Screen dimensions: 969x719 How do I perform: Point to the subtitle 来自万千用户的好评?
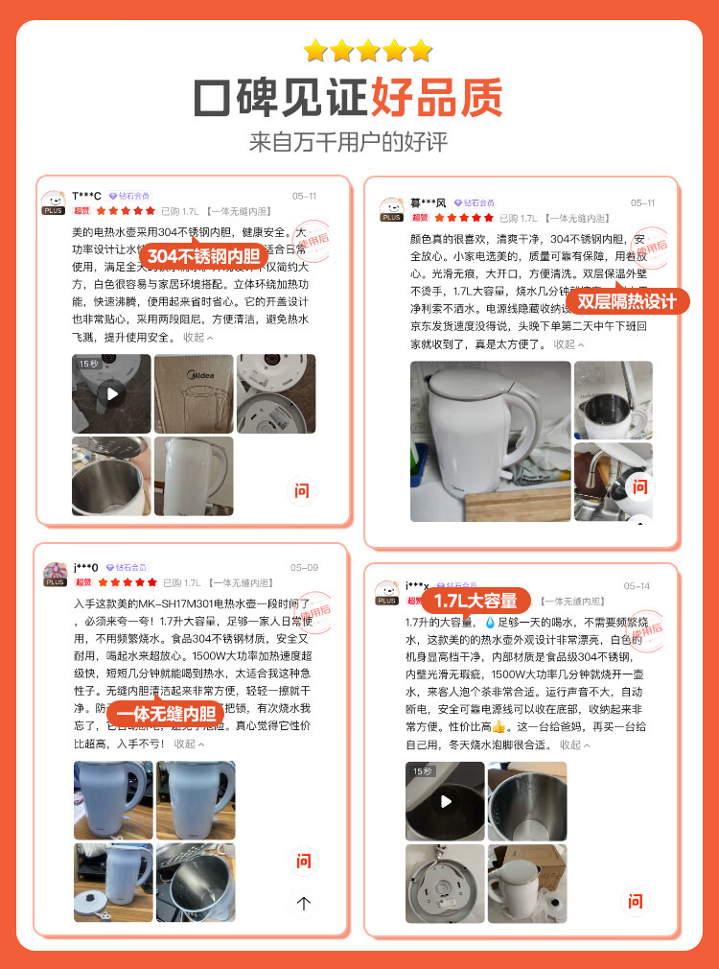[348, 142]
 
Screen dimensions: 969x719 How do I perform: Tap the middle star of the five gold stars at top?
[368, 51]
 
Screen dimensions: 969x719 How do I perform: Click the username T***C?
[86, 196]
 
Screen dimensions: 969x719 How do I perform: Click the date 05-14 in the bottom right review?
[637, 586]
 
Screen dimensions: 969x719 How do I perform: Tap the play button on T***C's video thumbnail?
[112, 393]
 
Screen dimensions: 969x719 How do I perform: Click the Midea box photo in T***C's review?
[193, 393]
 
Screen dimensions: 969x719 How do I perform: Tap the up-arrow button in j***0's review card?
[304, 903]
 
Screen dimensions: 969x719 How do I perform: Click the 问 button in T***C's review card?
[302, 491]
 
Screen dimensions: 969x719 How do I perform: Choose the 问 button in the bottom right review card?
[635, 901]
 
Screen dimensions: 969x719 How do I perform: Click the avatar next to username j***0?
[55, 573]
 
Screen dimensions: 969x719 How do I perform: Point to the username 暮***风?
[428, 202]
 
